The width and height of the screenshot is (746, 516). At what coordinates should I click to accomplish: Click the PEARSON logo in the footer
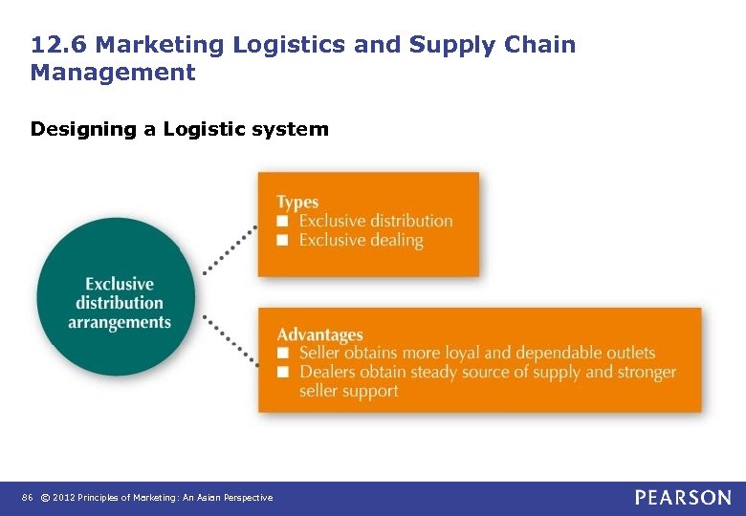[682, 497]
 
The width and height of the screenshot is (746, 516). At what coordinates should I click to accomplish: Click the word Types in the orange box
[297, 202]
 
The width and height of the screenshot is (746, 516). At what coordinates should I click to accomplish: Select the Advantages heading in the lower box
[319, 334]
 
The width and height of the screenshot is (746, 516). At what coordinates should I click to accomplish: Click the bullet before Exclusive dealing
[282, 240]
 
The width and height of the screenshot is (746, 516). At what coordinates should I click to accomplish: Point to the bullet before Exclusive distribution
[282, 221]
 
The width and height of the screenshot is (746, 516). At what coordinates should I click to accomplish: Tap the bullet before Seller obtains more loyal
[282, 354]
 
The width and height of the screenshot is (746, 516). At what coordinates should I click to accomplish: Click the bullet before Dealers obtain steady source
[282, 372]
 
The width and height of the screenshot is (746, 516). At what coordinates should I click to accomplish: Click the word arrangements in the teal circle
[120, 322]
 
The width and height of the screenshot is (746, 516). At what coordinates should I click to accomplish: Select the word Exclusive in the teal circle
[120, 284]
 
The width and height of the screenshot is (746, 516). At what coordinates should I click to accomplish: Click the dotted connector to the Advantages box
[229, 338]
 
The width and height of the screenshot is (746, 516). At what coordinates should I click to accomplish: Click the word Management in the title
[113, 73]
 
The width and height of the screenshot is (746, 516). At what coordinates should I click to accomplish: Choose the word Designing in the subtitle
[83, 129]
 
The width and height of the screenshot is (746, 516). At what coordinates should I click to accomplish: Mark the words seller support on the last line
[348, 391]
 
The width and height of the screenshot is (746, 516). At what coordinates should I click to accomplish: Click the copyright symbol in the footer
[46, 498]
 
